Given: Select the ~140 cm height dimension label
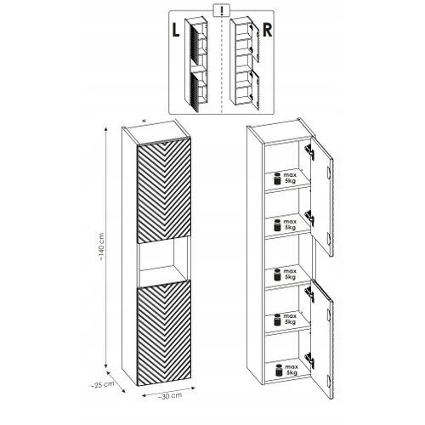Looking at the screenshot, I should click(103, 246).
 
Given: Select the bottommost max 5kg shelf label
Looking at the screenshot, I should click(284, 372).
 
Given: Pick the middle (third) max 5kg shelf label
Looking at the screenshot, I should click(284, 275).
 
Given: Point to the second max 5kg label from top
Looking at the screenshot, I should click(284, 226).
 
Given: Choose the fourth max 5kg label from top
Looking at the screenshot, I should click(284, 322).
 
